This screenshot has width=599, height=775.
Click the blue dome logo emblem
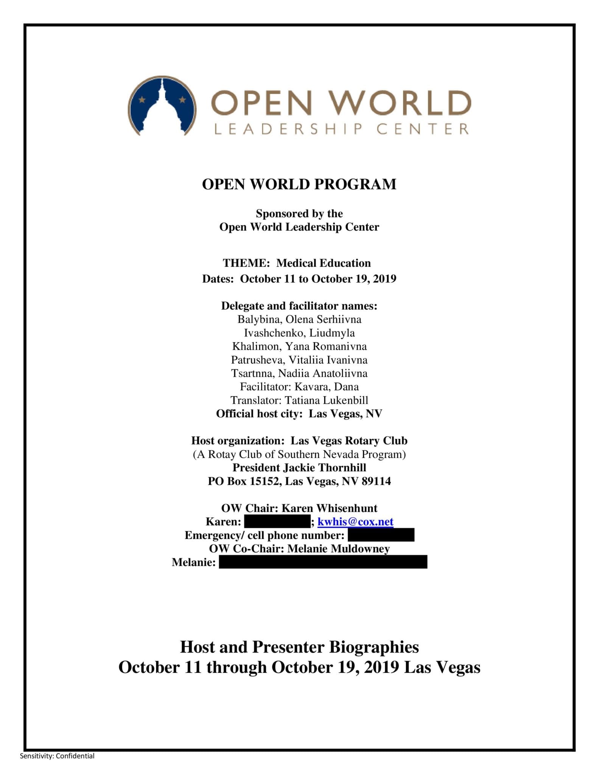(x=162, y=106)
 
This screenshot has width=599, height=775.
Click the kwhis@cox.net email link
(x=355, y=521)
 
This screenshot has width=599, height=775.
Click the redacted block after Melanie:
(x=323, y=562)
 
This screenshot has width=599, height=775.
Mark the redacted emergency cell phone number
(x=381, y=535)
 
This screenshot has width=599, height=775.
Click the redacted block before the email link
(x=277, y=521)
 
